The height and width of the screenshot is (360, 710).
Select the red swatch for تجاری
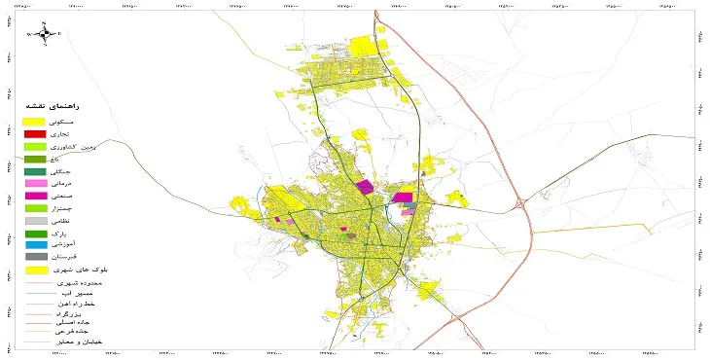pos(35,133)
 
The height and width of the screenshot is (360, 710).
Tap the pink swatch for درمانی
pos(35,184)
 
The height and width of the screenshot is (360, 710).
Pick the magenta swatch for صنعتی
pos(35,197)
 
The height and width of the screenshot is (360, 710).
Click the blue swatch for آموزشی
pos(35,245)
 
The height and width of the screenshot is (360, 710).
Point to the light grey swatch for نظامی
pos(35,221)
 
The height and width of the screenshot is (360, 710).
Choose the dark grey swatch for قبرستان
pos(35,257)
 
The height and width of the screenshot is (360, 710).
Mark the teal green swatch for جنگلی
pos(35,171)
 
